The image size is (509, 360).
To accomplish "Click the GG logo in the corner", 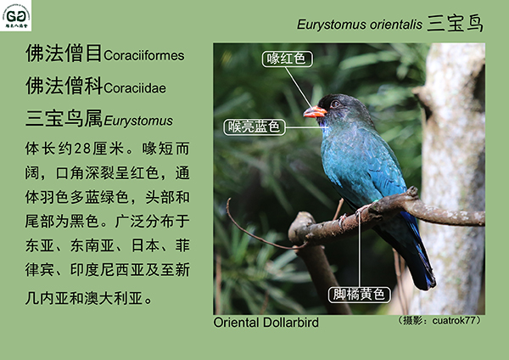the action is pyautogui.click(x=15, y=15).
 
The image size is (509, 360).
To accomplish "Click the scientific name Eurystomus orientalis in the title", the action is pyautogui.click(x=360, y=25).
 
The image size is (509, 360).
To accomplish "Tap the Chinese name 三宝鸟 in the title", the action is pyautogui.click(x=455, y=24).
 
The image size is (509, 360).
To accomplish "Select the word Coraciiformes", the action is pyautogui.click(x=144, y=55).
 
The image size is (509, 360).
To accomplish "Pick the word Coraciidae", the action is pyautogui.click(x=135, y=88).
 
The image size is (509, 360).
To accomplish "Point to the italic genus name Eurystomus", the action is pyautogui.click(x=138, y=121).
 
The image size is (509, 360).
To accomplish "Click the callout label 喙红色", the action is pyautogui.click(x=288, y=59).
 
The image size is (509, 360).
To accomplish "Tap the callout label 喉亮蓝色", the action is pyautogui.click(x=255, y=127).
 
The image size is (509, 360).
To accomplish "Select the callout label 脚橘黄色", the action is pyautogui.click(x=359, y=295).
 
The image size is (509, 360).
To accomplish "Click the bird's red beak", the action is pyautogui.click(x=314, y=112).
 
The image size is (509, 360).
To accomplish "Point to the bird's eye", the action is pyautogui.click(x=335, y=104).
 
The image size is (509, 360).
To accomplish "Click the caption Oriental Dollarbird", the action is pyautogui.click(x=266, y=323).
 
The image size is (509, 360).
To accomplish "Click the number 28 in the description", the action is pyautogui.click(x=82, y=149).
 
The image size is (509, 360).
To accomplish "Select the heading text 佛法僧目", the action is pyautogui.click(x=64, y=53).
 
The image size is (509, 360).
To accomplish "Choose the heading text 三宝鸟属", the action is pyautogui.click(x=64, y=118).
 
